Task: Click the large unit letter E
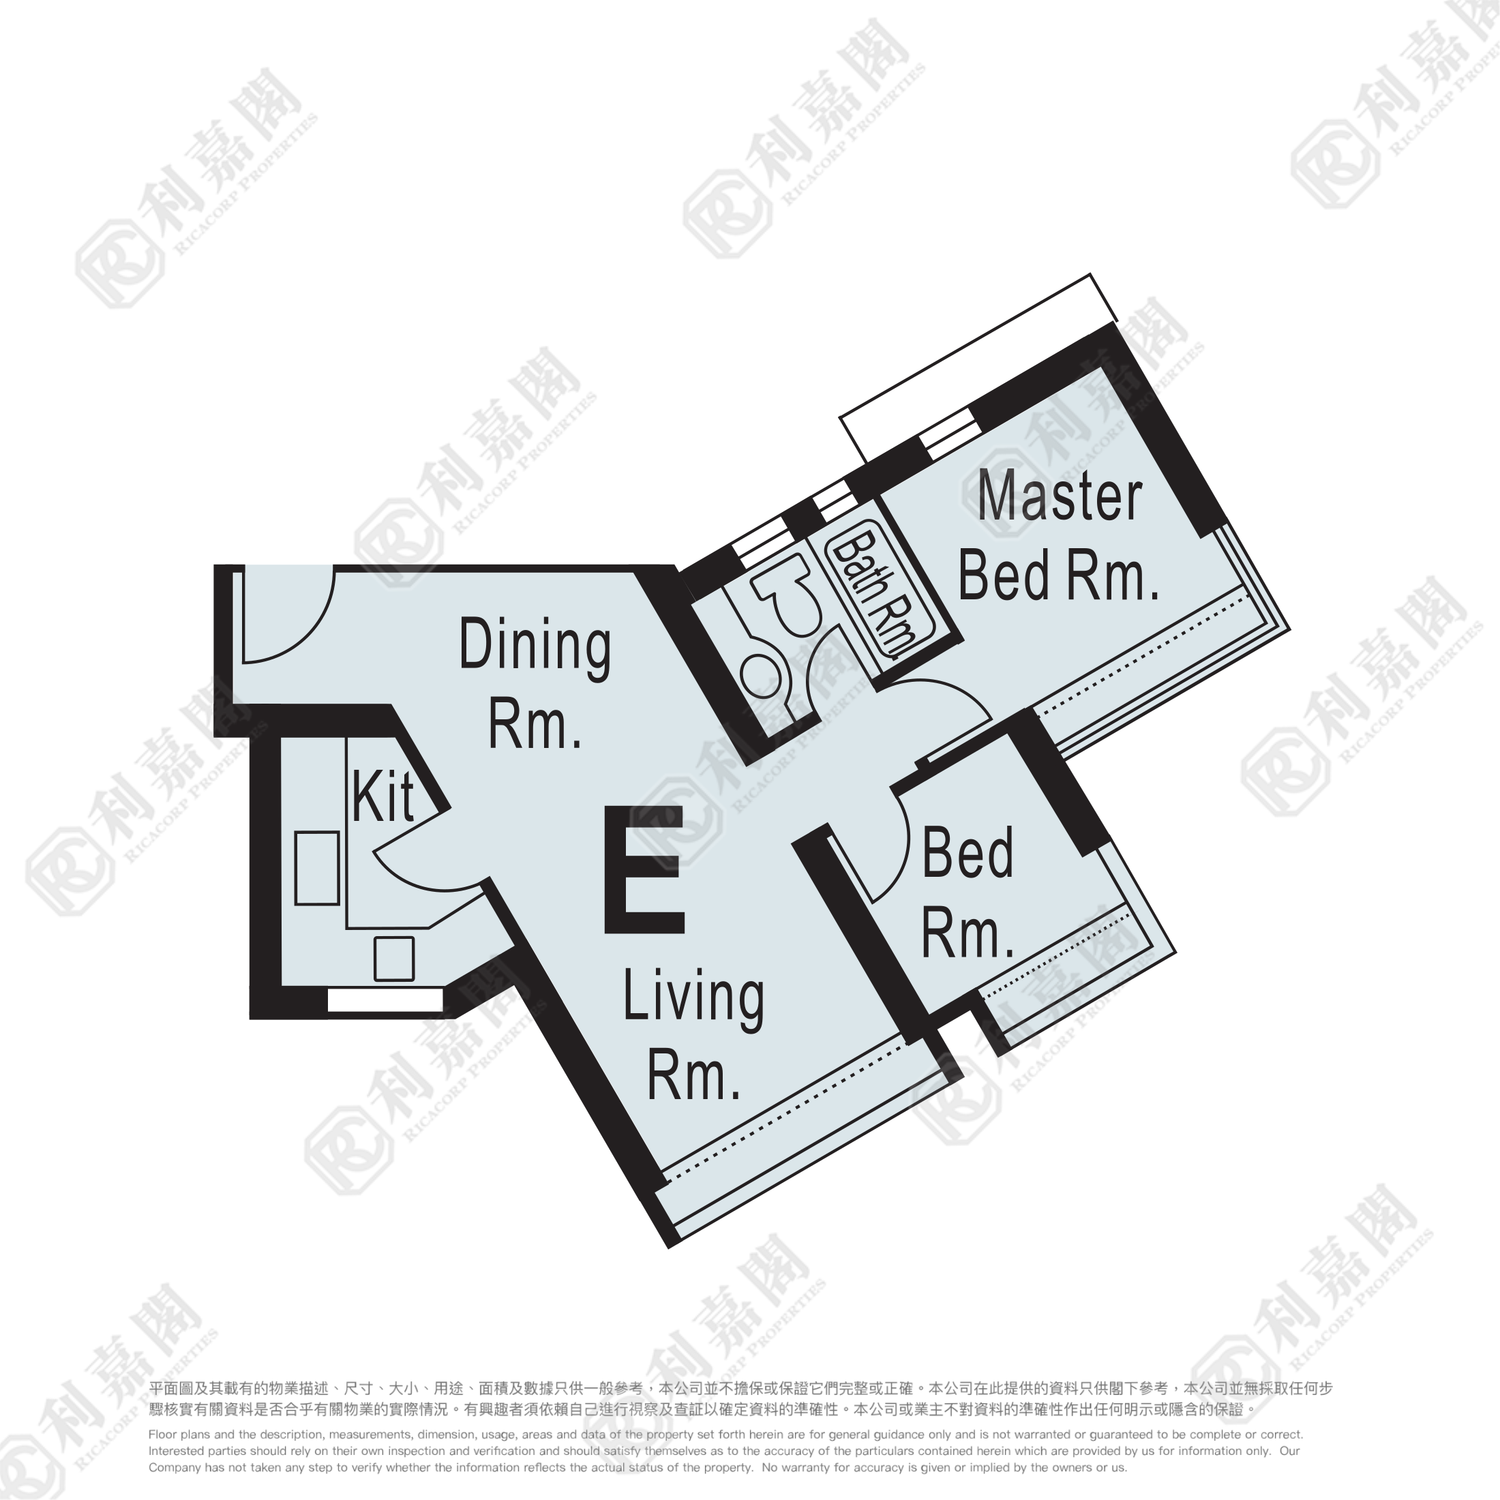pyautogui.click(x=644, y=869)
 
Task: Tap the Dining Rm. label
pyautogui.click(x=535, y=683)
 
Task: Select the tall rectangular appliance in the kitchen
pyautogui.click(x=317, y=868)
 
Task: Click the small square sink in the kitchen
pyautogui.click(x=393, y=959)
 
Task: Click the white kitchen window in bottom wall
pyautogui.click(x=385, y=1001)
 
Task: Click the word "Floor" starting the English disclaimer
pyautogui.click(x=162, y=1435)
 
